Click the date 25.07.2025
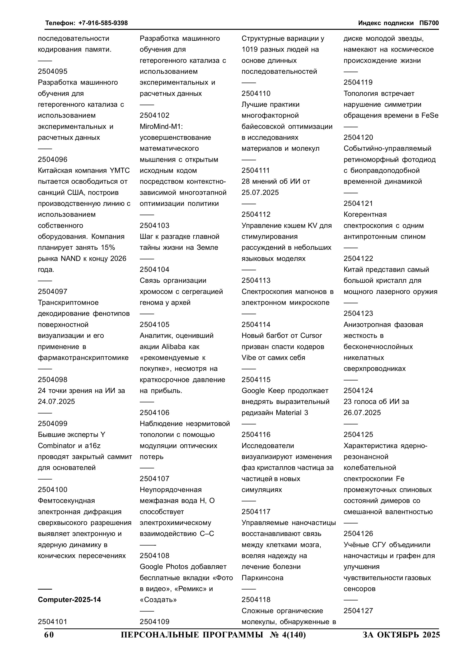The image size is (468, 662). click(x=260, y=193)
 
